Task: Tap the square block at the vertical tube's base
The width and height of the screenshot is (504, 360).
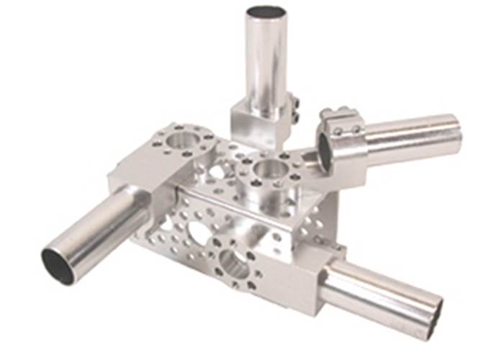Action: pos(252,122)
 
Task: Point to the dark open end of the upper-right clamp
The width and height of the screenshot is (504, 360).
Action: pos(325,153)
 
